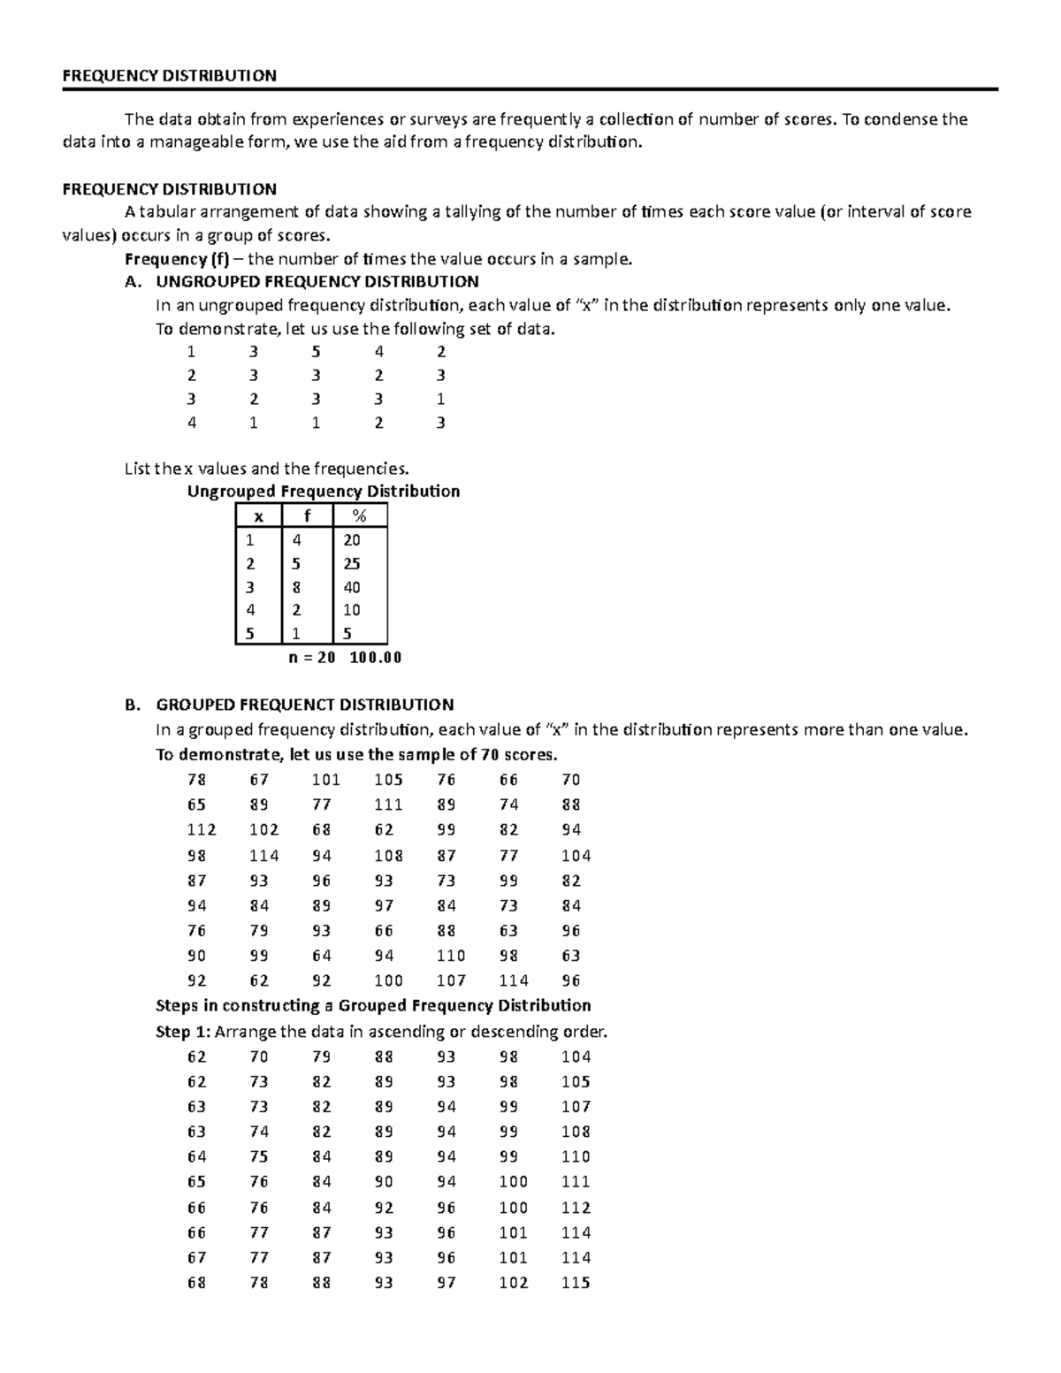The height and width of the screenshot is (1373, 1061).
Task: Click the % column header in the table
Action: point(358,516)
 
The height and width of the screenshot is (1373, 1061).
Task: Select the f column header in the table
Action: point(307,516)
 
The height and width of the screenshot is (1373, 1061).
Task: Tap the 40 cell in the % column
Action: point(351,587)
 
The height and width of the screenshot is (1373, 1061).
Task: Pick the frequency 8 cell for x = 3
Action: point(296,587)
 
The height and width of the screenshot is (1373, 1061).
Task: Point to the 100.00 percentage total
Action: point(375,658)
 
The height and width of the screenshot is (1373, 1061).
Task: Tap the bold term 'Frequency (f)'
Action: point(177,259)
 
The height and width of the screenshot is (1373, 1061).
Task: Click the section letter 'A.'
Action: point(134,282)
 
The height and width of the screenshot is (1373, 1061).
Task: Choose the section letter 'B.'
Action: point(134,705)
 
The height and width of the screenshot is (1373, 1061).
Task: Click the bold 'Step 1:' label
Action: point(183,1032)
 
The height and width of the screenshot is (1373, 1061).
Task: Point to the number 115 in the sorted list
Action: point(576,1283)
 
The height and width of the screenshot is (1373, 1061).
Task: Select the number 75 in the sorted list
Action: point(259,1156)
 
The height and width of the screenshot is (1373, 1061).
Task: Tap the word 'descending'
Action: point(513,1032)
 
